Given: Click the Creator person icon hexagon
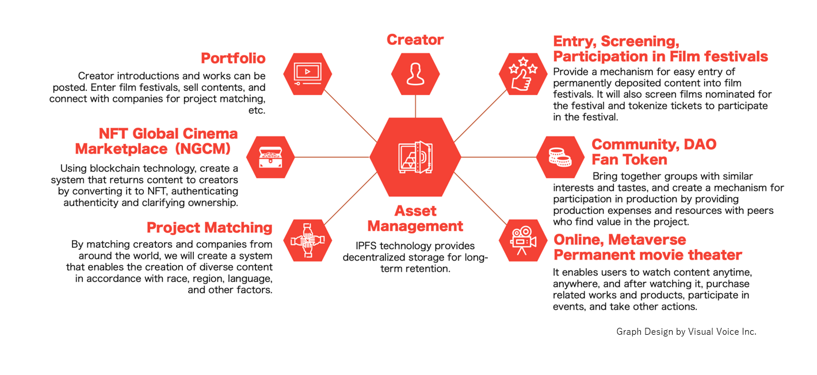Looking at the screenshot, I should click(415, 74).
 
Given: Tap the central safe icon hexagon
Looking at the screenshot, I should click(415, 157).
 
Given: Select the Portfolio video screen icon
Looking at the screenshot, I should click(308, 74).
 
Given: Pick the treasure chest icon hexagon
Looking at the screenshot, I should click(270, 157).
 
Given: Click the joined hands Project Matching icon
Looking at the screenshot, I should click(308, 240).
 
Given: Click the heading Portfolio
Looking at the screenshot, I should click(233, 59).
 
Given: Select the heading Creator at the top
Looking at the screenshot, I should click(415, 40).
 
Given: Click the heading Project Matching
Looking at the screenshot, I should click(209, 228).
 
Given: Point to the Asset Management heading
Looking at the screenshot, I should click(415, 219).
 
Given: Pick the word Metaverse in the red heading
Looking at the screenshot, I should click(639, 239).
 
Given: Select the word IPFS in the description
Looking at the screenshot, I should click(368, 246).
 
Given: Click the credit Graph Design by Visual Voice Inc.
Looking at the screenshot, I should click(686, 332).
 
